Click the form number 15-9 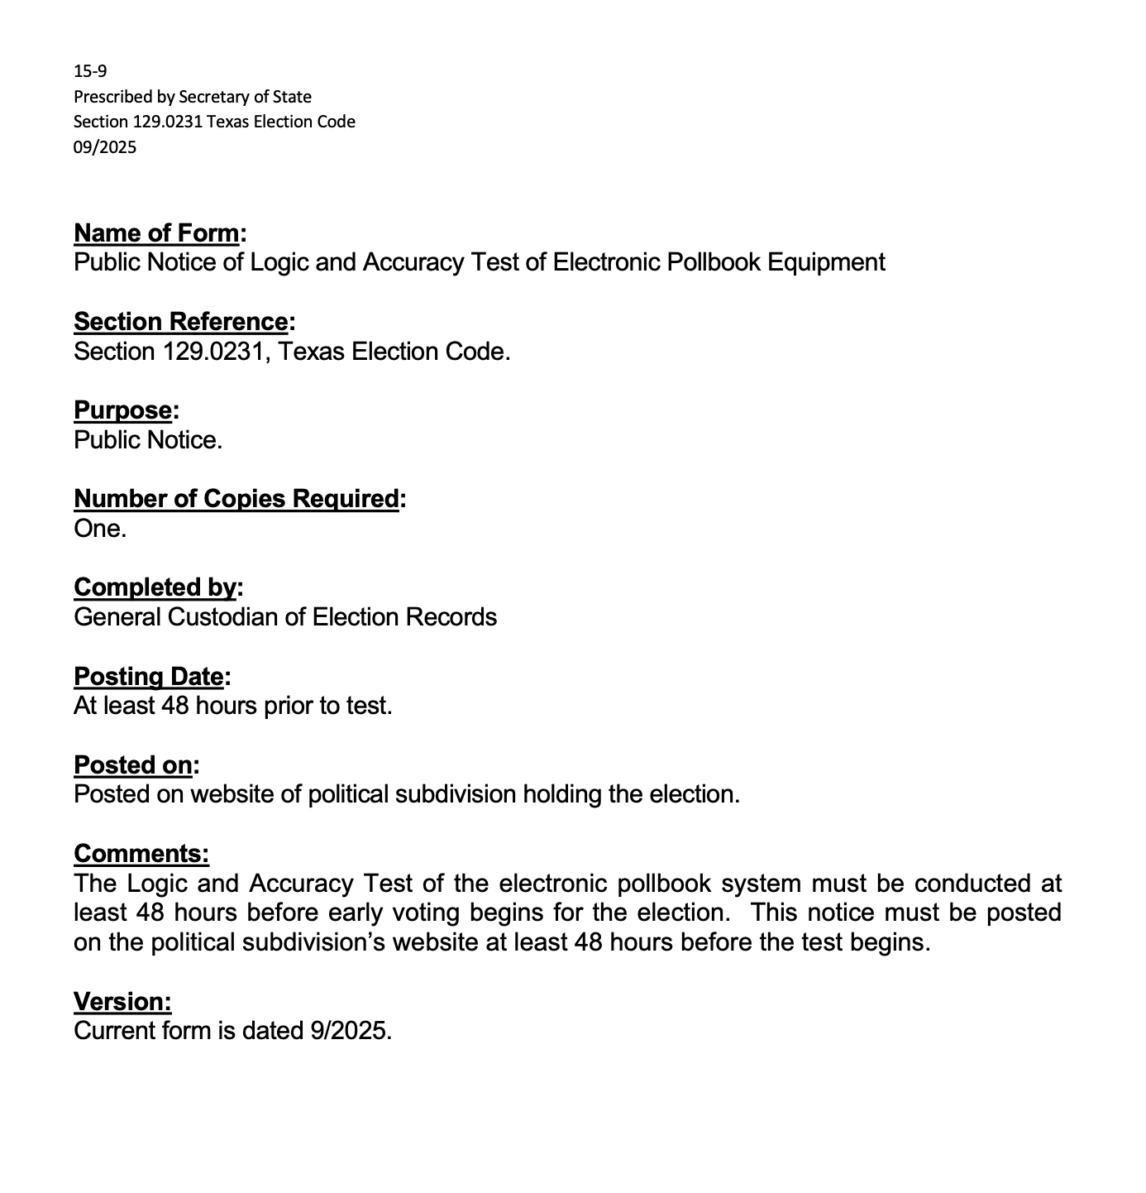tap(90, 71)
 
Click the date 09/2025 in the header tap(105, 147)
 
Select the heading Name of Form tap(157, 233)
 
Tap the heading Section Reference tap(181, 321)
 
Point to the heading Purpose tap(123, 410)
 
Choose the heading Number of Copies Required tap(236, 499)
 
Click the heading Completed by tap(155, 587)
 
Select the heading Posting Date tap(149, 677)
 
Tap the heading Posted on tap(133, 765)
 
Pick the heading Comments tap(141, 854)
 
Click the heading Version tap(122, 1002)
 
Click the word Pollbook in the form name tap(712, 262)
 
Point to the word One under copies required tap(99, 529)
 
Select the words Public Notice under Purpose tap(147, 440)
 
